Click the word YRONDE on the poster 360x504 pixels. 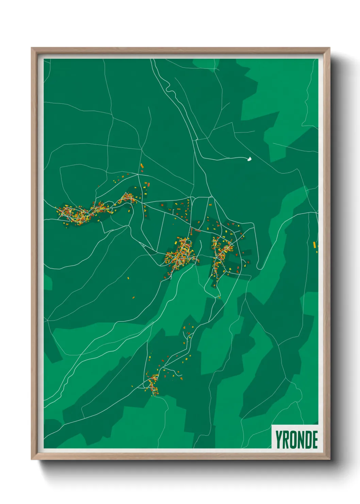pyautogui.click(x=296, y=439)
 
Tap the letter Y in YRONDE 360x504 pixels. pyautogui.click(x=279, y=439)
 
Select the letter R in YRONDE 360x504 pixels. pyautogui.click(x=287, y=439)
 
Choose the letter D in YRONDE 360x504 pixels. pyautogui.click(x=309, y=439)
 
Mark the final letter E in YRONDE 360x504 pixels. pyautogui.click(x=315, y=439)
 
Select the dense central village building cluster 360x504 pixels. pyautogui.click(x=181, y=254)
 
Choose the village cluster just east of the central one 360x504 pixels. pyautogui.click(x=222, y=250)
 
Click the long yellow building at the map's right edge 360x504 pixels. pyautogui.click(x=314, y=245)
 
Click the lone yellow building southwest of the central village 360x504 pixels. pyautogui.click(x=129, y=278)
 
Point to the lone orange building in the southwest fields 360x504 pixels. pyautogui.click(x=133, y=297)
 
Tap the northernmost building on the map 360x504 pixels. pyautogui.click(x=142, y=166)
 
